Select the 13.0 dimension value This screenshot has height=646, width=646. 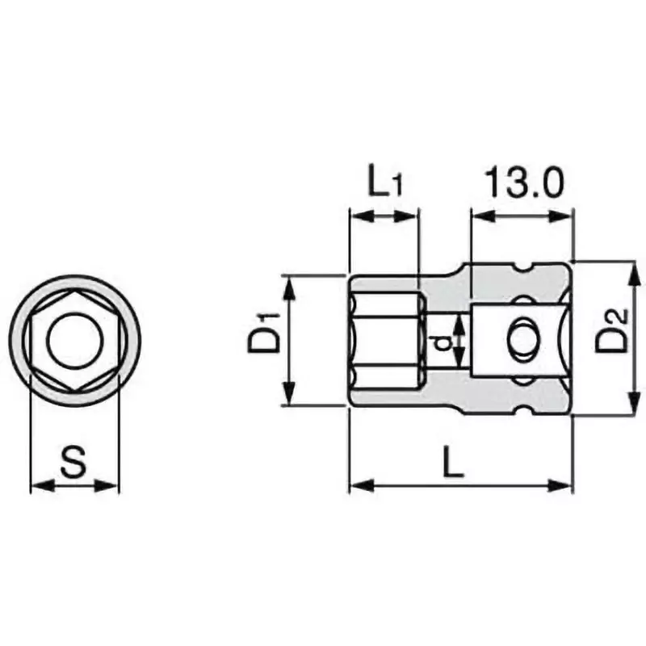522,183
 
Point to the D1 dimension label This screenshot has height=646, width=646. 264,340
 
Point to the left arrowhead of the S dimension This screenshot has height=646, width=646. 37,485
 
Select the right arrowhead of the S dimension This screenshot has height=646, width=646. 112,485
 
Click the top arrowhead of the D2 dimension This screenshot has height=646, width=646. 633,270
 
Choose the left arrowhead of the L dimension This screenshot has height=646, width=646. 356,485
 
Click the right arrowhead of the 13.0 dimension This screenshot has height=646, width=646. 565,216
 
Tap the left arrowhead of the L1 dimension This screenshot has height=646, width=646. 356,216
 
